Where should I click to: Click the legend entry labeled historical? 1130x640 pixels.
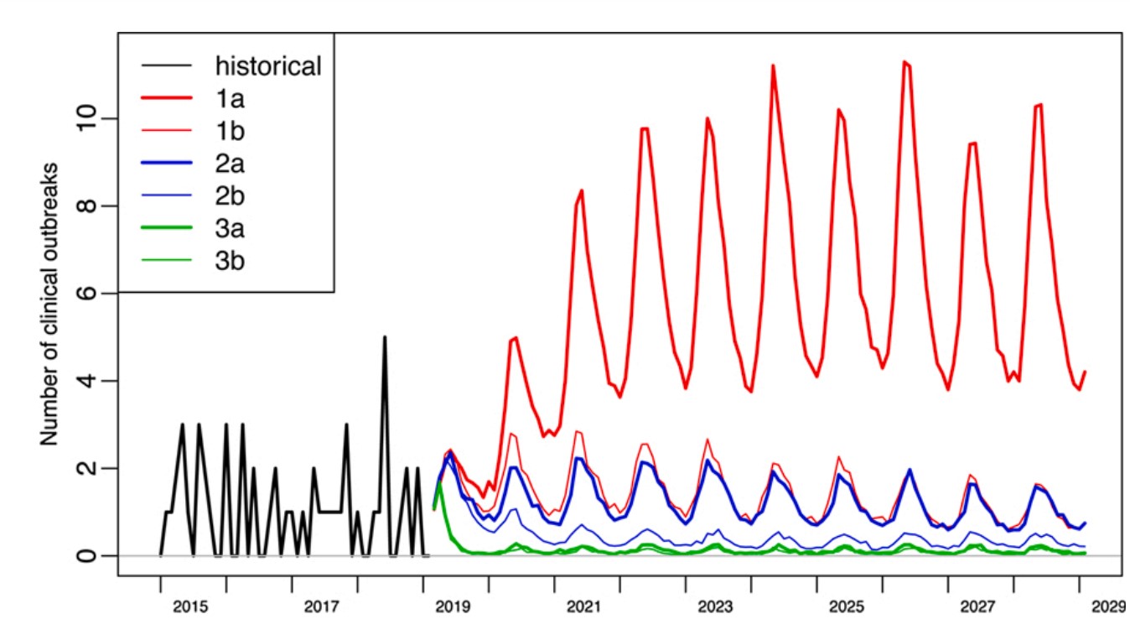268,65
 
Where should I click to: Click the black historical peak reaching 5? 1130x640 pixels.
385,337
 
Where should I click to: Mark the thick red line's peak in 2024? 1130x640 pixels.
773,65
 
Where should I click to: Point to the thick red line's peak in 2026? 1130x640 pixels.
904,62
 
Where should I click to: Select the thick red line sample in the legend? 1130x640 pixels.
167,99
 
